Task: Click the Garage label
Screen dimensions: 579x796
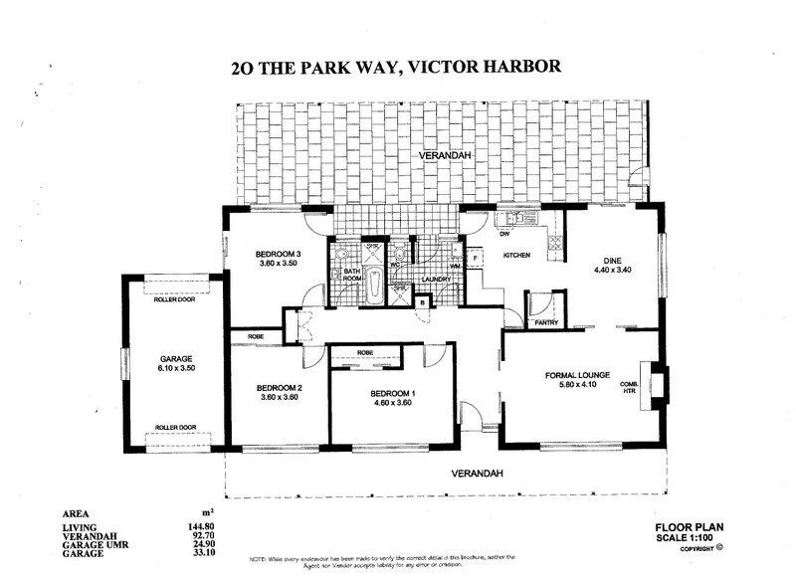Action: point(175,358)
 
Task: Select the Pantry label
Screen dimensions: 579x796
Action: point(545,322)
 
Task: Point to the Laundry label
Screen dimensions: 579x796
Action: point(438,280)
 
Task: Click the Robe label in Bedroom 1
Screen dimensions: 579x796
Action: point(365,352)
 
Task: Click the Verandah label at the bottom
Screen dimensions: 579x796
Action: point(474,473)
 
